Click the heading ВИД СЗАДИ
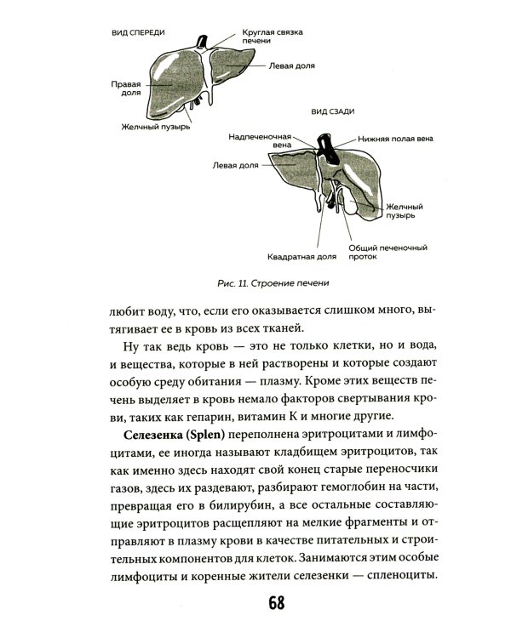[x=333, y=111]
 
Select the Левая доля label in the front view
[x=292, y=64]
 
